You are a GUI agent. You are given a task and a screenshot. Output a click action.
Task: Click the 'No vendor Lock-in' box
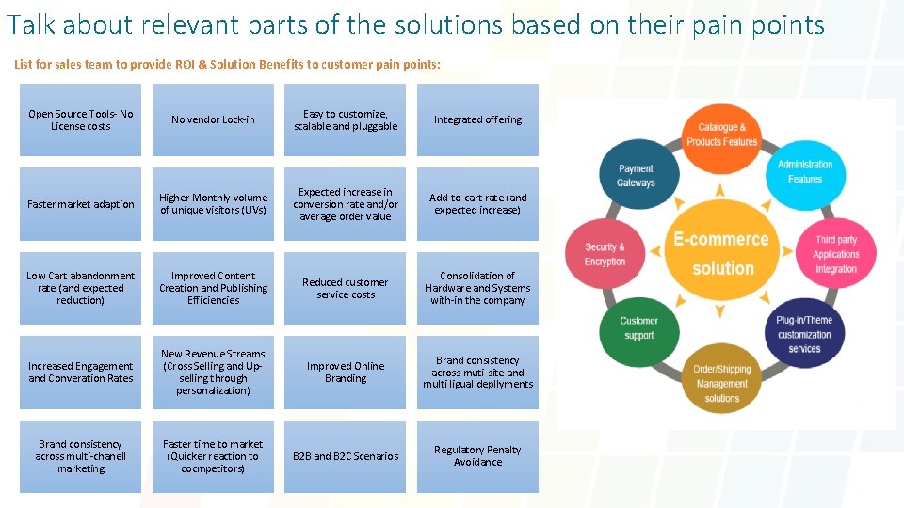[x=213, y=119]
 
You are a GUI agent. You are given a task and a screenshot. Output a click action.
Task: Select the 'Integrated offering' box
[x=477, y=119]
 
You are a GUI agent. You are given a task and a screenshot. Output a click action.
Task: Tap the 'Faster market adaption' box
[x=81, y=204]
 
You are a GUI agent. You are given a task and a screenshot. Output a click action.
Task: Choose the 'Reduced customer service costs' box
[x=346, y=288]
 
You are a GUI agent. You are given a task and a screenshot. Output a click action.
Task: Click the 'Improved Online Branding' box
[x=346, y=372]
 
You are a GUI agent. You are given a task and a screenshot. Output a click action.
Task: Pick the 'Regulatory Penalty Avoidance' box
[x=477, y=455]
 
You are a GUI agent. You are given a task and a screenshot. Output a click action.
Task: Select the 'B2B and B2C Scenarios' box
[x=346, y=455]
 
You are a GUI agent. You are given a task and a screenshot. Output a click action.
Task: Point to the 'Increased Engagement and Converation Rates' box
[x=81, y=372]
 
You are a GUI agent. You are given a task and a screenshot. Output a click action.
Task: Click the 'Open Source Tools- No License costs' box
[x=81, y=119]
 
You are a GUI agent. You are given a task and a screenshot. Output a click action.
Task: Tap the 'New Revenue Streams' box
[x=213, y=372]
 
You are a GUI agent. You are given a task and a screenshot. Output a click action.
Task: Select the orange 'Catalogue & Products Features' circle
[x=722, y=135]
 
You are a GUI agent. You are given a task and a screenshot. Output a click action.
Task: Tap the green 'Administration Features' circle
[x=805, y=171]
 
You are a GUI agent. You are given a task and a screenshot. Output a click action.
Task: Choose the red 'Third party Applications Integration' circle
[x=836, y=254]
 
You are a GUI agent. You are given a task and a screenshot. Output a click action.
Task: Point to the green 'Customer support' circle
[x=638, y=328]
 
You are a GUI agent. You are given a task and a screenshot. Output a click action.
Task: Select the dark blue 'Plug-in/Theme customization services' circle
[x=804, y=334]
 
